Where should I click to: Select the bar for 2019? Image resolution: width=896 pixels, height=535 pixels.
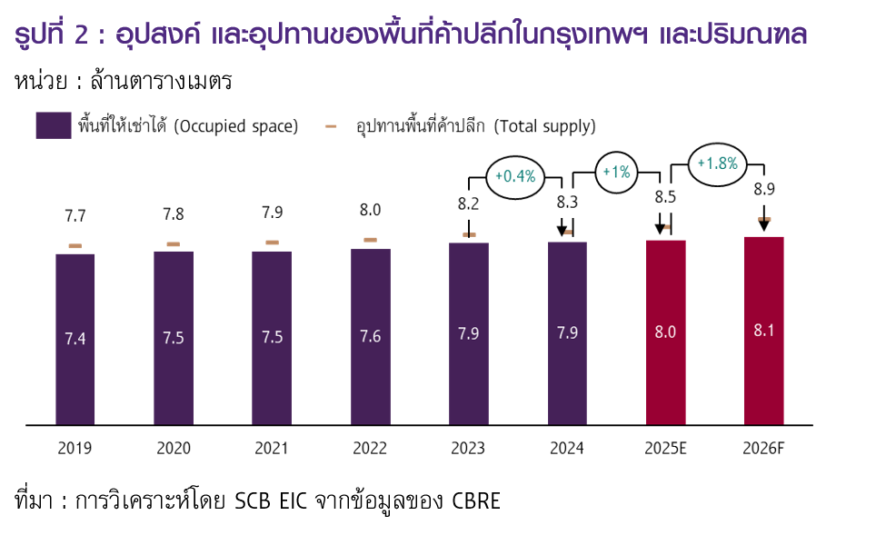pyautogui.click(x=75, y=339)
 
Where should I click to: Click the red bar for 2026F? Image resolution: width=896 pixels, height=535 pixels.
pyautogui.click(x=763, y=331)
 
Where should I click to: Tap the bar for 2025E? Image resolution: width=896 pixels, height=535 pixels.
pyautogui.click(x=665, y=332)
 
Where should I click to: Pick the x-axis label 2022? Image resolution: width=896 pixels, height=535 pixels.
pyautogui.click(x=370, y=449)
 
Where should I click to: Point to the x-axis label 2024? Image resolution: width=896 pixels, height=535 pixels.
pyautogui.click(x=567, y=449)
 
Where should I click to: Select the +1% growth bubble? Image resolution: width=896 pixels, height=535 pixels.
pyautogui.click(x=616, y=172)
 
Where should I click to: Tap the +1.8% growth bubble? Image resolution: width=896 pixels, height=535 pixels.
pyautogui.click(x=716, y=164)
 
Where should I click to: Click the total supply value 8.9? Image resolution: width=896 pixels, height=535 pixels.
pyautogui.click(x=764, y=188)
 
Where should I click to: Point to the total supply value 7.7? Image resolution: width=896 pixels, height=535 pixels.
pyautogui.click(x=75, y=216)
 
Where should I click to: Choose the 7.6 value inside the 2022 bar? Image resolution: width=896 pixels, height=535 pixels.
pyautogui.click(x=370, y=337)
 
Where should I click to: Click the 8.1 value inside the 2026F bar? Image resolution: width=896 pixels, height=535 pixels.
pyautogui.click(x=763, y=332)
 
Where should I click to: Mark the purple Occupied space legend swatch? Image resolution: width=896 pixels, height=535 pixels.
pyautogui.click(x=54, y=126)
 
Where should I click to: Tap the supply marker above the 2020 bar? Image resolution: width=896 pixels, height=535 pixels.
pyautogui.click(x=173, y=244)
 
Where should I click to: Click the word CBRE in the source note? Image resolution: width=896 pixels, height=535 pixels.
pyautogui.click(x=476, y=500)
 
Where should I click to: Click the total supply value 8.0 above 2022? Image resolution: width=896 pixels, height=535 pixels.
pyautogui.click(x=370, y=211)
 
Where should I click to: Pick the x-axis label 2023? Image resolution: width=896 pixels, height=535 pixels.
pyautogui.click(x=469, y=449)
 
